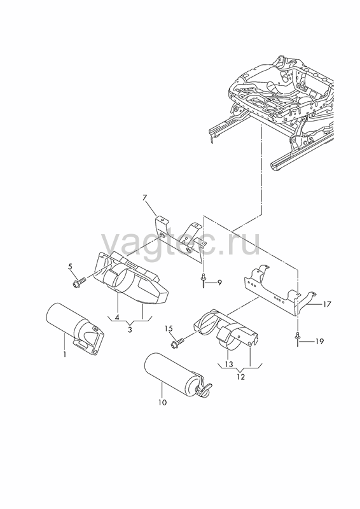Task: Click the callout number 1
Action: click(x=65, y=354)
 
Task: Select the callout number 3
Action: click(x=130, y=330)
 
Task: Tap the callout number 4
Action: click(x=117, y=317)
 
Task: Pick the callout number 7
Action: click(x=145, y=197)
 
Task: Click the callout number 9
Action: click(x=219, y=282)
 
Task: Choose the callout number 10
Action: click(x=163, y=403)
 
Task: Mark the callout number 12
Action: click(x=241, y=377)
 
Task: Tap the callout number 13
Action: click(x=229, y=364)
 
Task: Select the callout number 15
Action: click(x=169, y=329)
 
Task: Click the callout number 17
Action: click(x=327, y=304)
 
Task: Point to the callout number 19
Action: click(x=319, y=341)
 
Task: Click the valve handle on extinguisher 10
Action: click(x=204, y=388)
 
